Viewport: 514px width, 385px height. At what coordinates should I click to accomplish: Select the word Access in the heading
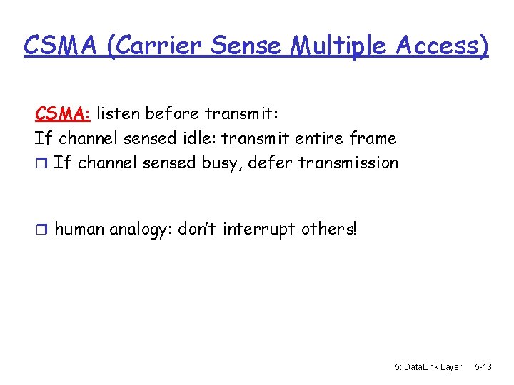443,46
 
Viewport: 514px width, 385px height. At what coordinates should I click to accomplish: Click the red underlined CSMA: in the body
63,113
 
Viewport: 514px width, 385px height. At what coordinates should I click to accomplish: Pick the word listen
119,113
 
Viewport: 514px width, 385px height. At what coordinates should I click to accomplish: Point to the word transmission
348,163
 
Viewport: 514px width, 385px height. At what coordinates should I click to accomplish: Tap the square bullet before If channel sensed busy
41,163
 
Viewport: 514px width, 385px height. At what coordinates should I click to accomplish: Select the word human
79,229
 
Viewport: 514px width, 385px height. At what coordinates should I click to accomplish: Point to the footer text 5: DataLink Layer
428,366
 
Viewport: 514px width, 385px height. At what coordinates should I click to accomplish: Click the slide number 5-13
483,366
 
